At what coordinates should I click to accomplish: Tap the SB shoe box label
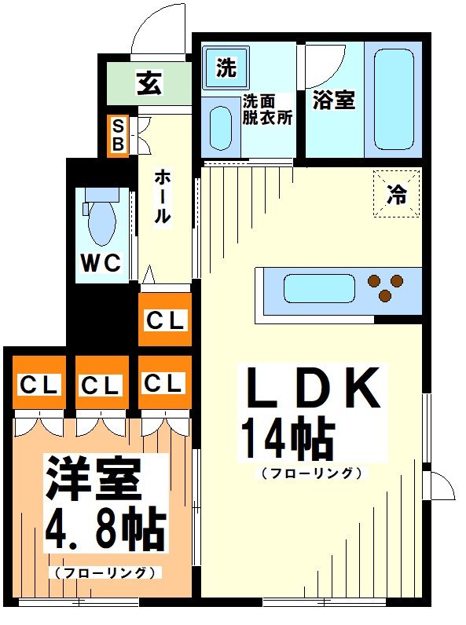118,136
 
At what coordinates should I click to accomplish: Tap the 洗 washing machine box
226,68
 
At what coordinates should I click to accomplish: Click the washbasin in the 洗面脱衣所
221,126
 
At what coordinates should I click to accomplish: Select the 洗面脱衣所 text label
266,110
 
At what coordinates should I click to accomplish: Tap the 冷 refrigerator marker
398,193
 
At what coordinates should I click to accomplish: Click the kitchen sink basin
316,289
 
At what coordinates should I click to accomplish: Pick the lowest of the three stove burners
385,296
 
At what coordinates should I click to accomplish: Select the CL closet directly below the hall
164,320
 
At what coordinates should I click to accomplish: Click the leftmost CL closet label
39,385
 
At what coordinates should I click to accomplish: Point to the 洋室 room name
93,479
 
